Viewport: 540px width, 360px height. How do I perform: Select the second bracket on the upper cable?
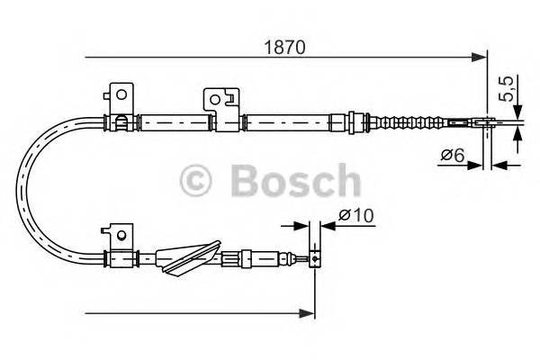(219, 100)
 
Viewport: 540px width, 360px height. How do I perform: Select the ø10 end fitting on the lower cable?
(314, 259)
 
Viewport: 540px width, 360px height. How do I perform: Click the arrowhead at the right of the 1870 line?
(480, 58)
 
